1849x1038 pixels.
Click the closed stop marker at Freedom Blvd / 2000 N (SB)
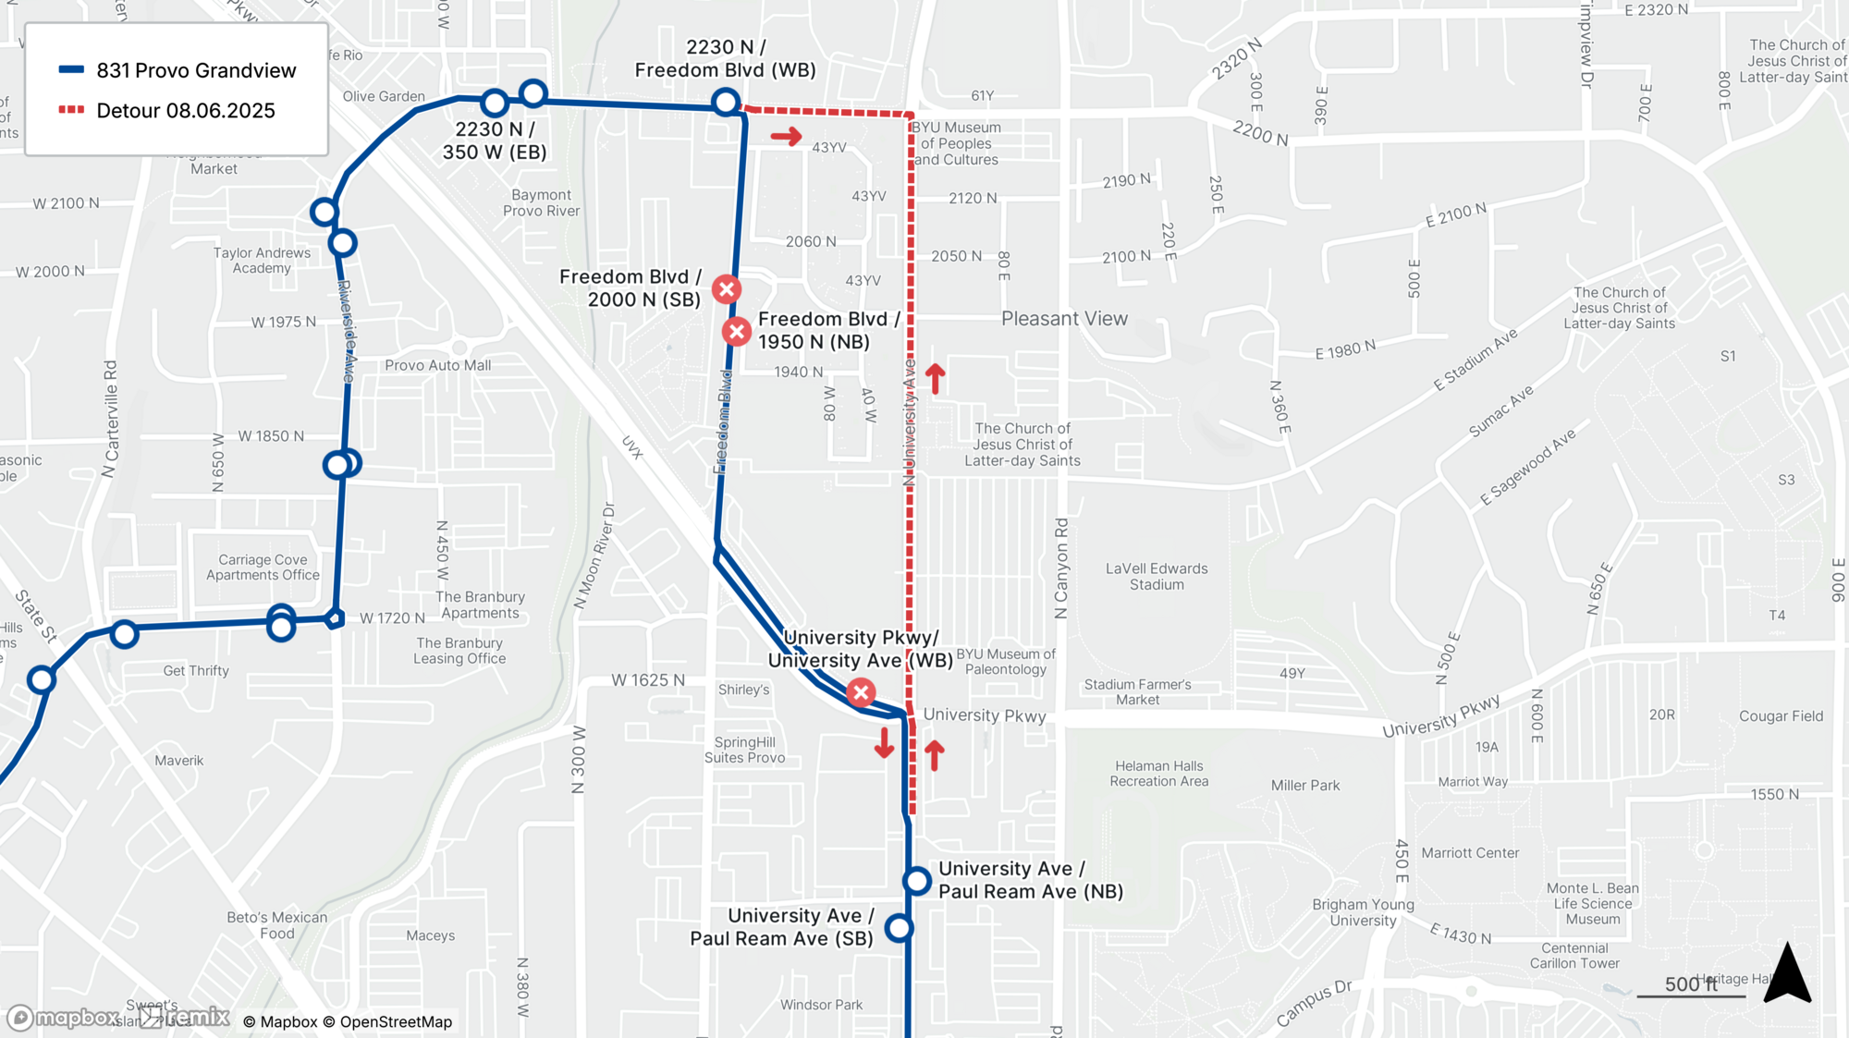click(x=727, y=289)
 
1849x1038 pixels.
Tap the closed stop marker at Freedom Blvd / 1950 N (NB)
click(x=737, y=331)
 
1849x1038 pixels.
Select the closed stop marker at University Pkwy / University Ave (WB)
click(x=861, y=692)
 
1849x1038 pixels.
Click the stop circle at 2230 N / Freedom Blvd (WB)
click(x=726, y=102)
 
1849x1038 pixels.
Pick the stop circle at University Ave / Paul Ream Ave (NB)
click(x=917, y=881)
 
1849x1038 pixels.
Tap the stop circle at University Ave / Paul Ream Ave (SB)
click(x=899, y=928)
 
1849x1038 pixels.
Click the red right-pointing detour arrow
click(x=787, y=138)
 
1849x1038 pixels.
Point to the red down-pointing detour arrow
click(x=884, y=743)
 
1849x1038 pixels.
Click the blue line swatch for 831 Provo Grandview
click(x=72, y=70)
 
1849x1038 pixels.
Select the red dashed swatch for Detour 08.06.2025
click(x=72, y=110)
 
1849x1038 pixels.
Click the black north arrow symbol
click(x=1787, y=973)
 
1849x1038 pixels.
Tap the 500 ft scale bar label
click(x=1690, y=984)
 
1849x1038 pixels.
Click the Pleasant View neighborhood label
click(x=1064, y=319)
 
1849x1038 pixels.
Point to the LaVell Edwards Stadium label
click(x=1157, y=577)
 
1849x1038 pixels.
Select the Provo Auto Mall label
click(x=438, y=365)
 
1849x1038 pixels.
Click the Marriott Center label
click(x=1470, y=853)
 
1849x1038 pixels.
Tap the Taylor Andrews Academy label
click(x=262, y=261)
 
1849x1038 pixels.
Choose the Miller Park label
click(x=1305, y=786)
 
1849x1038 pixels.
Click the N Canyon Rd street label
click(x=1061, y=568)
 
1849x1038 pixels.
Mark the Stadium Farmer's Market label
click(x=1137, y=692)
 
